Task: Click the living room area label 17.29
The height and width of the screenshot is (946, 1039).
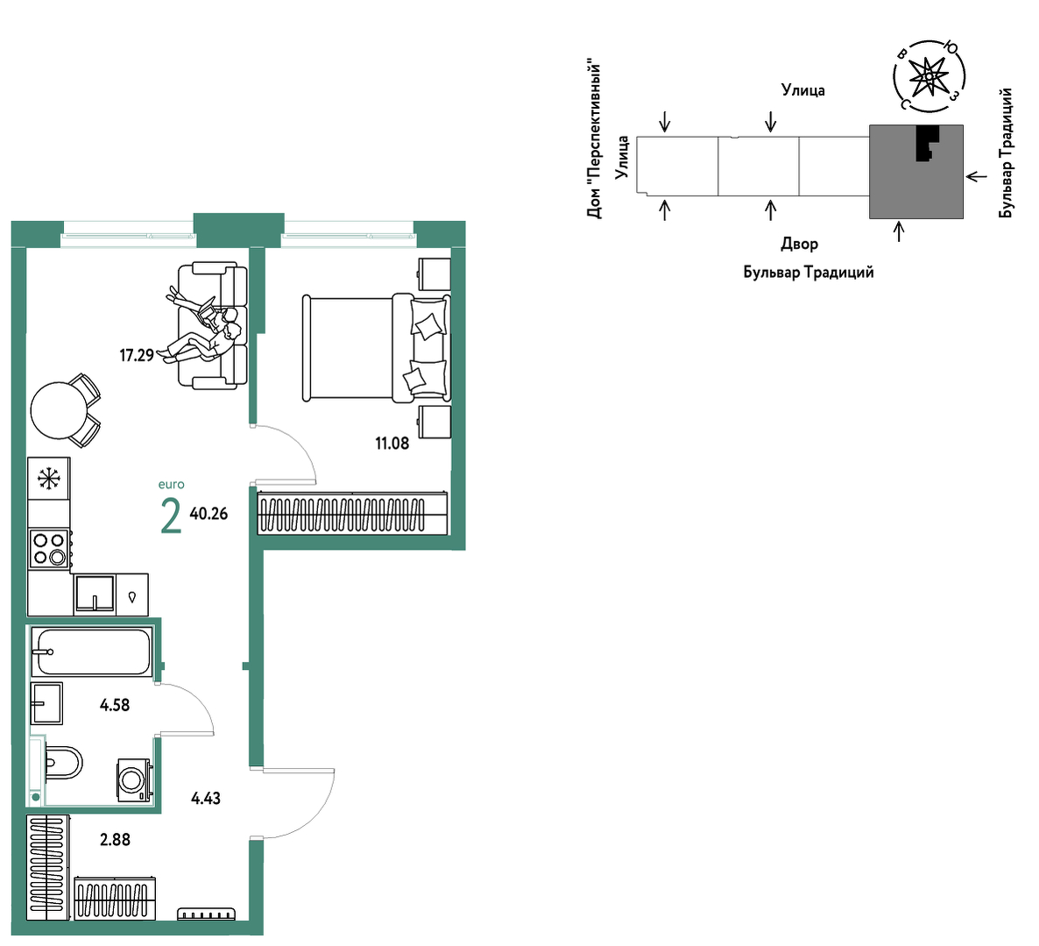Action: coord(137,355)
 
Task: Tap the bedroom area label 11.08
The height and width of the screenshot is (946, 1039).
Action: coord(392,444)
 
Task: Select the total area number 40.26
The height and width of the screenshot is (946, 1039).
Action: coord(209,514)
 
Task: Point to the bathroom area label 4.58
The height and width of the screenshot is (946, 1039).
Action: coord(115,706)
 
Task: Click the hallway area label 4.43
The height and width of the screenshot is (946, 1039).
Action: coord(205,799)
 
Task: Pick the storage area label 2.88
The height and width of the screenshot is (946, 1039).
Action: coord(116,840)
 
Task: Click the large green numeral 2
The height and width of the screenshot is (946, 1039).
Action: coord(171,516)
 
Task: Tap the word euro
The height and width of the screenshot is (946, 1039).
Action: coord(172,485)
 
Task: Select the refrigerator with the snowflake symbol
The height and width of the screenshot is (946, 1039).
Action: coord(49,478)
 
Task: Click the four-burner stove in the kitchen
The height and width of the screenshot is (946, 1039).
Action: coord(50,548)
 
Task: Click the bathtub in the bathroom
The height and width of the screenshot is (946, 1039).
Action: coord(93,651)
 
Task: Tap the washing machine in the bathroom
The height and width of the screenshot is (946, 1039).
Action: coord(135,779)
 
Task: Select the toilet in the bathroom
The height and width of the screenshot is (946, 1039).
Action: coord(64,763)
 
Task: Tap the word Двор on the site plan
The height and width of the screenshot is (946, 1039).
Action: coord(799,244)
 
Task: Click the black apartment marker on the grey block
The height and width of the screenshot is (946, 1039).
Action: coord(928,143)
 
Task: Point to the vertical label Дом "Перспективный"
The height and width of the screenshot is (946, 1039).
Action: coord(594,140)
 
